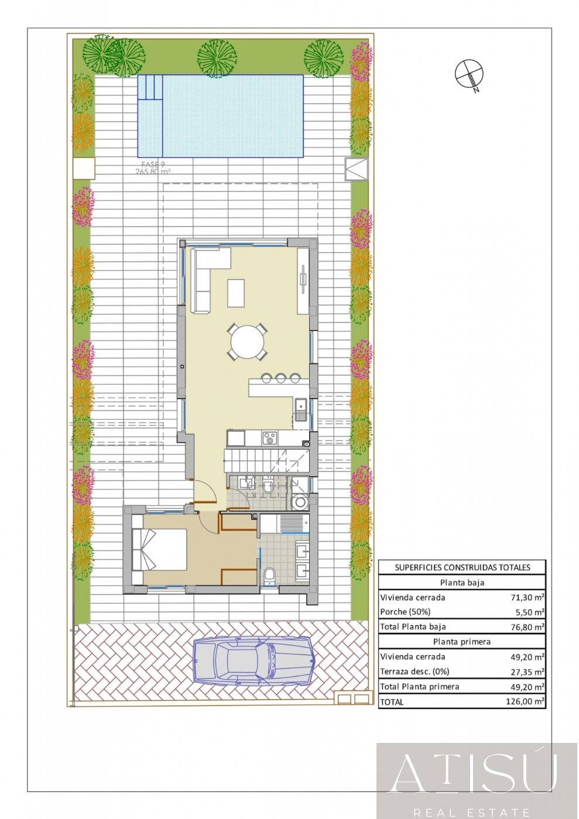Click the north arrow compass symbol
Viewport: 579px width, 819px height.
coord(470,74)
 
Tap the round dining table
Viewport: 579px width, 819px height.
coord(248,342)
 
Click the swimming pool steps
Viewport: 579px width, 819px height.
coord(149,87)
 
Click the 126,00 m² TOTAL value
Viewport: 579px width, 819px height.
coord(525,701)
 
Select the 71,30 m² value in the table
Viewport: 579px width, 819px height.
coord(527,597)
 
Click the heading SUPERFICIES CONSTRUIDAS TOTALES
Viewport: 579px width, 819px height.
coord(462,567)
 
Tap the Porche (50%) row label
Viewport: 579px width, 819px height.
coord(405,612)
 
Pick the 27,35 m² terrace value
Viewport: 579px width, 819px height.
coord(527,672)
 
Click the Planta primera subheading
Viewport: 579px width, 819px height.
coord(462,642)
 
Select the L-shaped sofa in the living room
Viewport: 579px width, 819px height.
coord(205,275)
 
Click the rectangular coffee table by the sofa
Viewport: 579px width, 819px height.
coord(236,292)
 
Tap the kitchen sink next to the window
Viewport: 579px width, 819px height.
coord(300,408)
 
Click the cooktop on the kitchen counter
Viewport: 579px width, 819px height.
coord(269,437)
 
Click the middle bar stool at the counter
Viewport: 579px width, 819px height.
coord(281,378)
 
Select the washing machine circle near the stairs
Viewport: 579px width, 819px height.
coord(300,502)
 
